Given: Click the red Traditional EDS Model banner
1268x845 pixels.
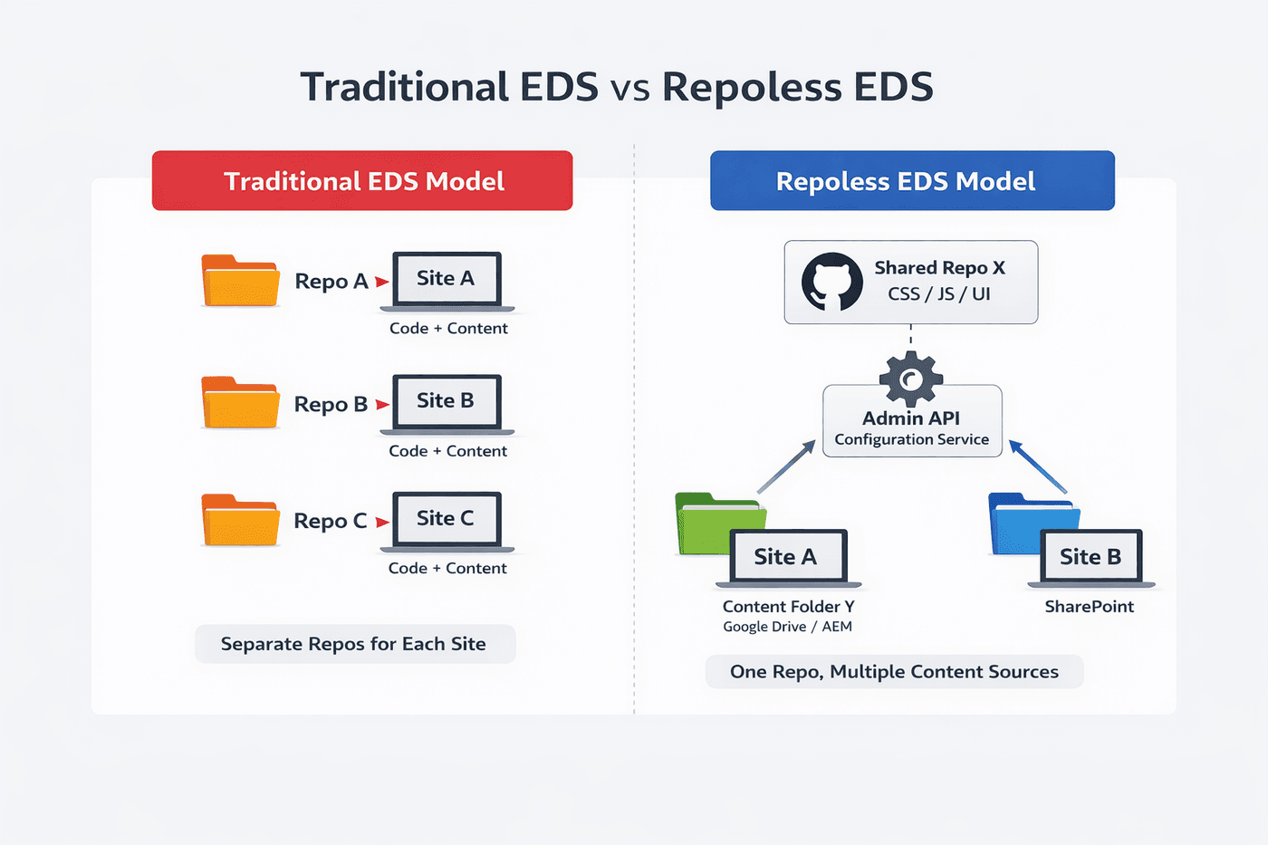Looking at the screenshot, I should (x=362, y=181).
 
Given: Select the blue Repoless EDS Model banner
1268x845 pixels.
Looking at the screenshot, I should (x=912, y=181).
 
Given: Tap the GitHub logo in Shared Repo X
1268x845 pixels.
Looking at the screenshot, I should (x=831, y=282).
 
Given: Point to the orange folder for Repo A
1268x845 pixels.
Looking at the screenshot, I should (x=240, y=282).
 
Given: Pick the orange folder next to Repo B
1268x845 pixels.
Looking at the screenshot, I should (x=240, y=403).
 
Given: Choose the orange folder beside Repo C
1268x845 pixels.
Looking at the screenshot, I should (x=240, y=521).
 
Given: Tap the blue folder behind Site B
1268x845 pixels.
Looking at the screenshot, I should (x=1016, y=523).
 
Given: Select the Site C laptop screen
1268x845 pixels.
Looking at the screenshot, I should (x=446, y=519).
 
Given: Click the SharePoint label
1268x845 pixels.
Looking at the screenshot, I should (x=1089, y=607).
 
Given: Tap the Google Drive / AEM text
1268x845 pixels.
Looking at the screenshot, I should (x=787, y=627).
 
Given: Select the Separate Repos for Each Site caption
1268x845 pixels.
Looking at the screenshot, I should (x=354, y=644).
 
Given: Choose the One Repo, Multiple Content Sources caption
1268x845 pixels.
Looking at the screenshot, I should (x=894, y=672).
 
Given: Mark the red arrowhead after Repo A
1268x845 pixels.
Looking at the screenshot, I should (x=382, y=283).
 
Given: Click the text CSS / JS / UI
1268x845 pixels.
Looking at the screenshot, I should (x=938, y=294).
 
